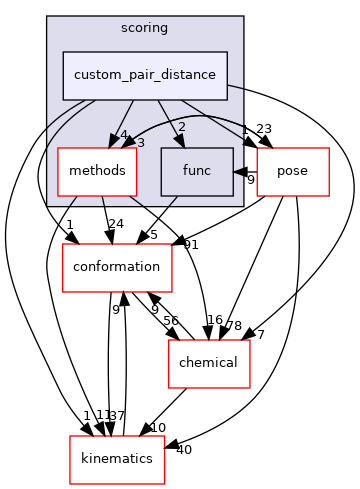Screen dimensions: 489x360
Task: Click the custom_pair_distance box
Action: coord(145,75)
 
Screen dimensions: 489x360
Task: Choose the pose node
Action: coord(294,171)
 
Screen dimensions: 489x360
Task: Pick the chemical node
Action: coord(207,363)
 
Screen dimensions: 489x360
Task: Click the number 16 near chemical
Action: coord(215,319)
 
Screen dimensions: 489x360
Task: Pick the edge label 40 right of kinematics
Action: coord(182,449)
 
